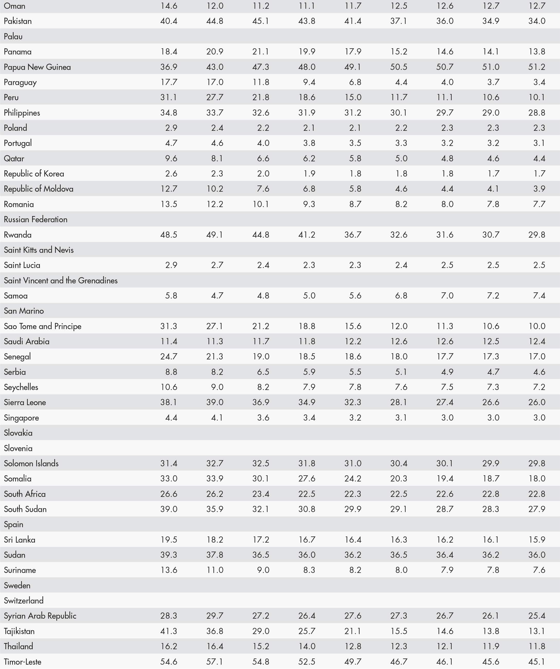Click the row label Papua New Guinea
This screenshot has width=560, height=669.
click(37, 67)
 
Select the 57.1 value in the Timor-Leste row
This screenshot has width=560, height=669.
click(215, 662)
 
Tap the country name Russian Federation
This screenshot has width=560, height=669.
click(35, 219)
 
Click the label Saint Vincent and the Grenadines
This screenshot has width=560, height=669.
click(61, 280)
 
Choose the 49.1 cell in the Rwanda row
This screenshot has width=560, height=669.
click(215, 235)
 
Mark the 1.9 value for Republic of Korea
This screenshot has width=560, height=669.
click(309, 174)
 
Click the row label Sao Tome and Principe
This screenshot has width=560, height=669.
click(42, 326)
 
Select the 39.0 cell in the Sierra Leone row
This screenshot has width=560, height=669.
click(215, 402)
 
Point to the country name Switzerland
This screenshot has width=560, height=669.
click(24, 600)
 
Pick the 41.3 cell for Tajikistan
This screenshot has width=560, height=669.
click(169, 631)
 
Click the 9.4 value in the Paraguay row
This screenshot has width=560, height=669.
click(309, 82)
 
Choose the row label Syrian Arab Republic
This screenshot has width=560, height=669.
click(40, 616)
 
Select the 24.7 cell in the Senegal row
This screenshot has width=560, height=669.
click(169, 357)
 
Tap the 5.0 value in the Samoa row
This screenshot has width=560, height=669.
click(309, 296)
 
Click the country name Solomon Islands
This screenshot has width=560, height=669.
click(31, 463)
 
